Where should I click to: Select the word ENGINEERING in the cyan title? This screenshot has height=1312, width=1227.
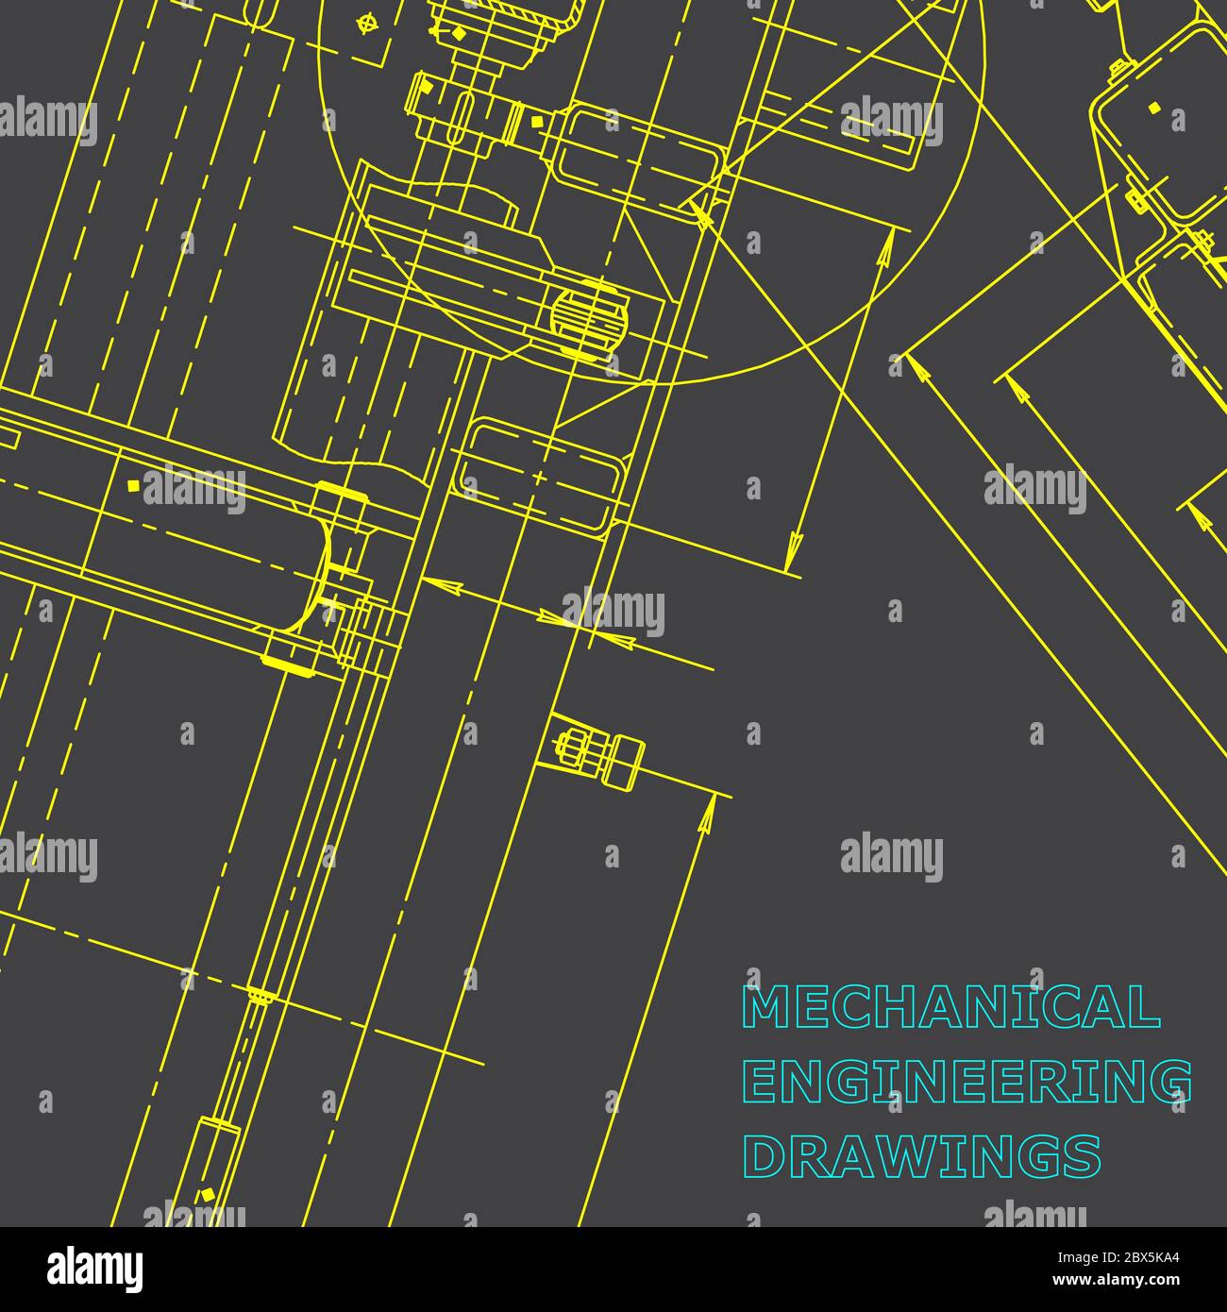click(x=966, y=1082)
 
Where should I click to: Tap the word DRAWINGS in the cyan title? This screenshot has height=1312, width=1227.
click(x=922, y=1157)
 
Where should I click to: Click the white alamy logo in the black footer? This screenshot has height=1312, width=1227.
click(x=94, y=1270)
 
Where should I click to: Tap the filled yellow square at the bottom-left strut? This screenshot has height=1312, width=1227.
click(x=207, y=1195)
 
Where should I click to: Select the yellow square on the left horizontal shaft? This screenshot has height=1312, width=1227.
click(x=133, y=485)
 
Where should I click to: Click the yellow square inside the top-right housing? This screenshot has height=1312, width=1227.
click(x=1154, y=108)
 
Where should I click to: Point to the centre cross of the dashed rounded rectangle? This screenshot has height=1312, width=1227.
click(x=538, y=478)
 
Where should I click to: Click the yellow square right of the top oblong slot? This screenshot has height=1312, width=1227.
click(x=537, y=121)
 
